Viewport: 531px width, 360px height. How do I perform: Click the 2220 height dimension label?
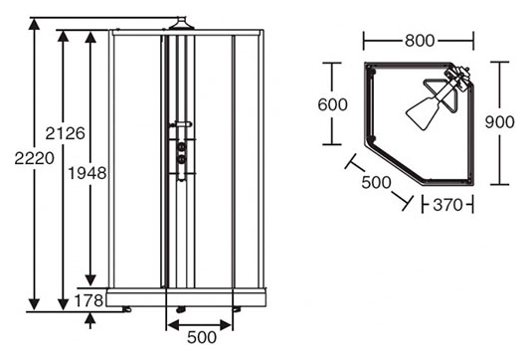click(34, 158)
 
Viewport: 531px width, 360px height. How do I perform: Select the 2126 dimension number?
click(65, 133)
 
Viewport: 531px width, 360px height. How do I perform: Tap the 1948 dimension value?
click(88, 173)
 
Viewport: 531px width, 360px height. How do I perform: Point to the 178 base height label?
click(88, 300)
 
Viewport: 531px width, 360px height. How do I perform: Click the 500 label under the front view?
click(202, 337)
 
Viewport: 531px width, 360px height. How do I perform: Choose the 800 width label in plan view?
click(420, 41)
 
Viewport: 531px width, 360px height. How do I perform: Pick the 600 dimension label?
click(332, 104)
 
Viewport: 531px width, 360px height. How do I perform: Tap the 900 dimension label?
click(499, 122)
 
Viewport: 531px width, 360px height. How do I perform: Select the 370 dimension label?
click(447, 205)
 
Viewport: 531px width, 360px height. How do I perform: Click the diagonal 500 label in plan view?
click(376, 183)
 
